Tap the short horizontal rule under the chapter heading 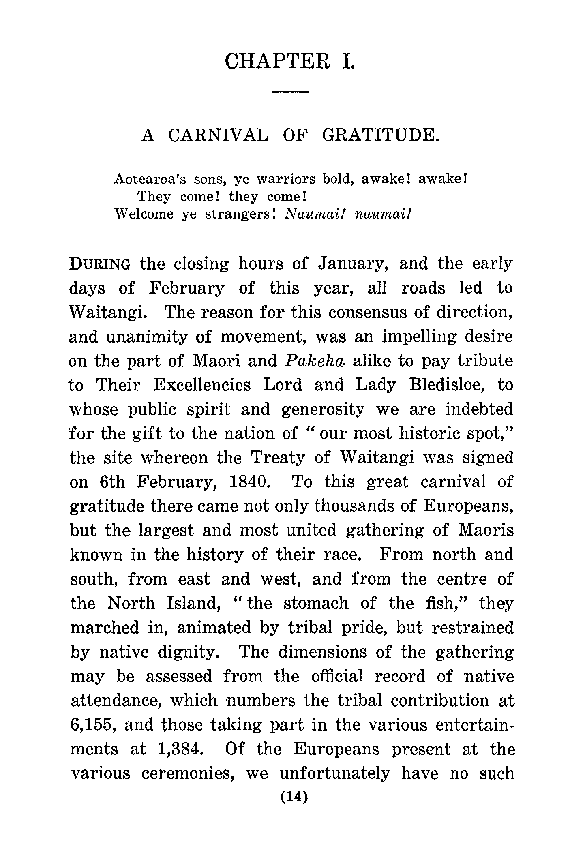290,92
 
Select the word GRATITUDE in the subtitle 380,135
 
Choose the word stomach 316,603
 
